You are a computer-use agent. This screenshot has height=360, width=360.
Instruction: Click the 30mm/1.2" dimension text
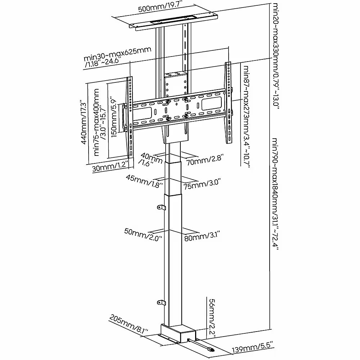[x=110, y=167]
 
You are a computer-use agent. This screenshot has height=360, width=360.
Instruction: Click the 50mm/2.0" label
[x=144, y=234]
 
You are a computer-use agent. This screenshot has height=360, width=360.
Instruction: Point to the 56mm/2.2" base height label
[x=212, y=318]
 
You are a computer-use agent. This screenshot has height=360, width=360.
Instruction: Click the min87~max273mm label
[x=246, y=117]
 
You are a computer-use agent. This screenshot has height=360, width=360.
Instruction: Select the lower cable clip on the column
[x=161, y=303]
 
